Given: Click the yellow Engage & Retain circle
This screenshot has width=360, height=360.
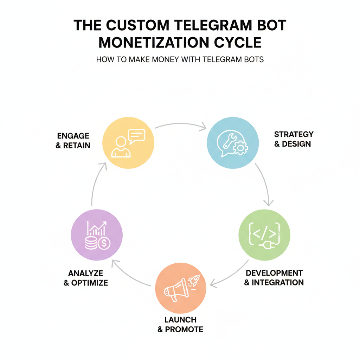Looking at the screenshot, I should (x=128, y=143).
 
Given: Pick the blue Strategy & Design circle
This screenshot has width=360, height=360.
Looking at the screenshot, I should (x=233, y=143).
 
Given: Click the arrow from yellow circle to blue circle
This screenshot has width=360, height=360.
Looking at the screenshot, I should (x=180, y=125).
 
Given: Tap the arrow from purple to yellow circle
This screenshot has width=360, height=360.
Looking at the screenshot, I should (x=96, y=183).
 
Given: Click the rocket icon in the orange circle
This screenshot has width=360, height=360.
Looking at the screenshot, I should (x=194, y=281).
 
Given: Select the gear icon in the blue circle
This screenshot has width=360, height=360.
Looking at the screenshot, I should (x=240, y=148).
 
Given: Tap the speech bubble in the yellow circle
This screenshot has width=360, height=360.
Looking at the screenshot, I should (x=136, y=136).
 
